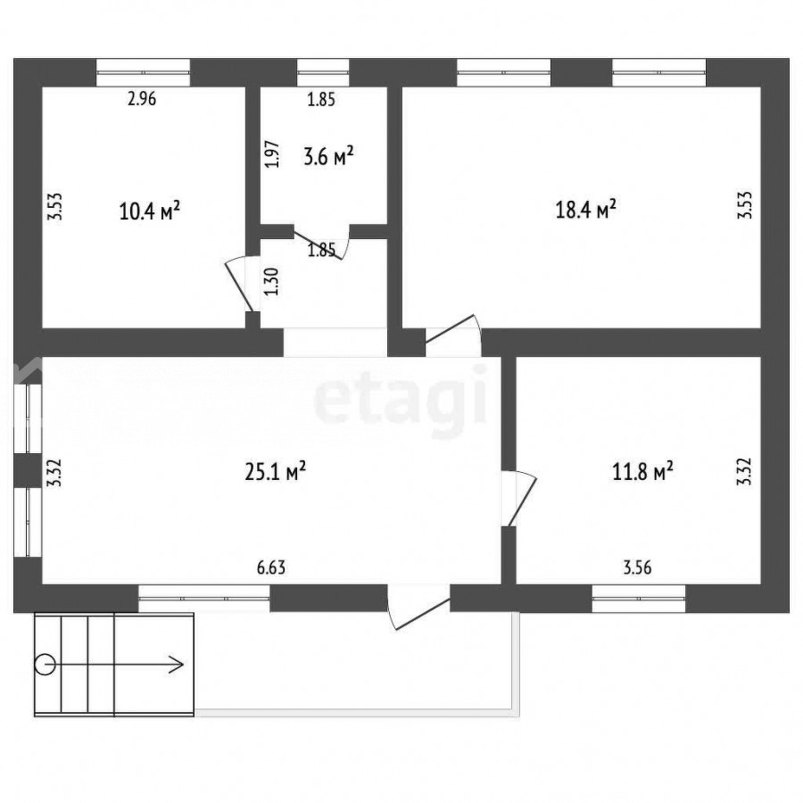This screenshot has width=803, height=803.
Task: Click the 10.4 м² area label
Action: pos(150,211)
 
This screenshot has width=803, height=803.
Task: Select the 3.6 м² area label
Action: pos(328,156)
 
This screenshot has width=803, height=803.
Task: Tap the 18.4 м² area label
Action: pos(586,210)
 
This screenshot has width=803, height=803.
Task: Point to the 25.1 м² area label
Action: pos(276,472)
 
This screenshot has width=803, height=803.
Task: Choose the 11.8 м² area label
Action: pos(642,472)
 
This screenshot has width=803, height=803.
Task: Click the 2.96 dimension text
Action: pos(142,98)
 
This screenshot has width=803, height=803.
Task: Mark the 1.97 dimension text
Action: pos(273,154)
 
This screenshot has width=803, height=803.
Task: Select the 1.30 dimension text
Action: pos(272,282)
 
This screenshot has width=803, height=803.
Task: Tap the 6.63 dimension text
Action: pos(271,567)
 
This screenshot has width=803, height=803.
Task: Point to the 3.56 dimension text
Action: pos(638,567)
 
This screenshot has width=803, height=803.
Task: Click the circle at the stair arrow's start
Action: pos(46,665)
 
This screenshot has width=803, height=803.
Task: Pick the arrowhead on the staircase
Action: pos(178,665)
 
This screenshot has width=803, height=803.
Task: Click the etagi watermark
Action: pos(401,401)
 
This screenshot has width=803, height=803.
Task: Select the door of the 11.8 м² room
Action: pos(521,497)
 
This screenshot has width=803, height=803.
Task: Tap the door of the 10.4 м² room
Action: pos(240,285)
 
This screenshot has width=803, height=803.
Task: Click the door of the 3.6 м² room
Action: pos(321,243)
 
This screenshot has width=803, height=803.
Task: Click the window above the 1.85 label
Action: pos(323,73)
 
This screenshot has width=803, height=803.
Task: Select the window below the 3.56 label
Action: pos(639,598)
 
